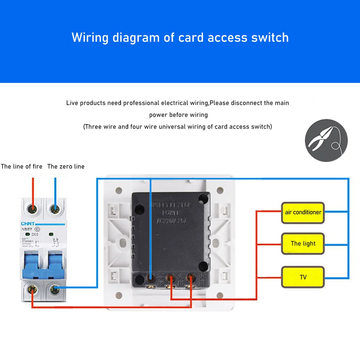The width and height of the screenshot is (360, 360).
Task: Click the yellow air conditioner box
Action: pos(303,212)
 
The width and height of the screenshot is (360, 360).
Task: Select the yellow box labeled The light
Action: pos(303,244)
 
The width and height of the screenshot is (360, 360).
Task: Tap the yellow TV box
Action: pos(303,277)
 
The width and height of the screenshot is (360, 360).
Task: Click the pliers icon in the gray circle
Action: pos(326,140)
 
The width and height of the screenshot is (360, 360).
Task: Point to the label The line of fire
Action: pos(22,166)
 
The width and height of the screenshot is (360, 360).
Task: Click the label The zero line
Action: pos(66,166)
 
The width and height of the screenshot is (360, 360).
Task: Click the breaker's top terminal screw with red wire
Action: pos(33,208)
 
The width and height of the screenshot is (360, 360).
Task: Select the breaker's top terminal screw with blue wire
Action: pos(55,208)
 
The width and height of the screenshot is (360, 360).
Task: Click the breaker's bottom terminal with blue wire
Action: pos(55,288)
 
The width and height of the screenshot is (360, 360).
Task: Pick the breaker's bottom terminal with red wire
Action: pos(33,288)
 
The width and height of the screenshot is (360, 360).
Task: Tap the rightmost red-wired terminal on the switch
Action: pos(190,278)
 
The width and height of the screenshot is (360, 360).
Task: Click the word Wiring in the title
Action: pos(90,37)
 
